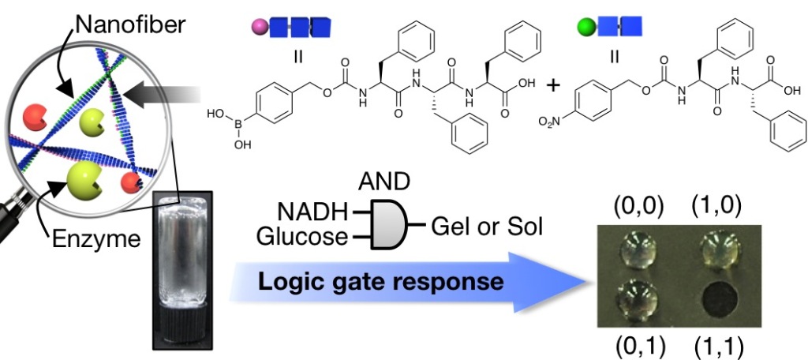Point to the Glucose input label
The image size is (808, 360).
(x=301, y=235)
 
